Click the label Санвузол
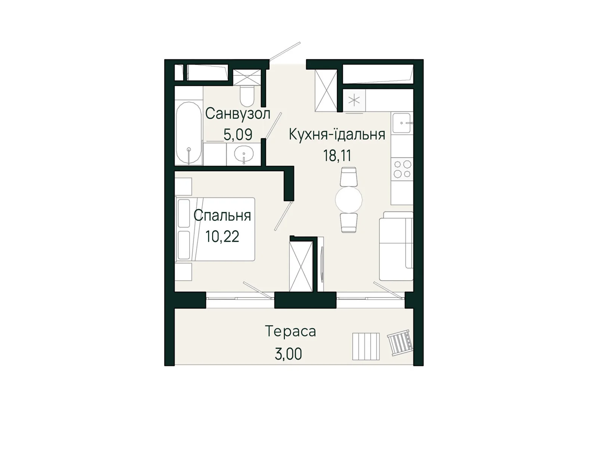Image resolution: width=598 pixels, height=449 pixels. click(237, 114)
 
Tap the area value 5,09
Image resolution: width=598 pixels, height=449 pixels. click(238, 134)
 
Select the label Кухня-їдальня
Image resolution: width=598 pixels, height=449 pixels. click(337, 134)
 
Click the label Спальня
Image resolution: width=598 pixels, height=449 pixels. click(222, 216)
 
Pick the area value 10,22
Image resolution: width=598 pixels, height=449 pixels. click(222, 236)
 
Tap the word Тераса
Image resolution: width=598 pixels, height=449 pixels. click(290, 332)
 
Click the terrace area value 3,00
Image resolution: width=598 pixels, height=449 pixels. click(288, 354)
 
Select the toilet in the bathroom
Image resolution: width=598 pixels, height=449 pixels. click(247, 96)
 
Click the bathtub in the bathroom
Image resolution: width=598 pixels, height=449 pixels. click(189, 133)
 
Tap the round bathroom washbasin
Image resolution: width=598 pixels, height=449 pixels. click(244, 154)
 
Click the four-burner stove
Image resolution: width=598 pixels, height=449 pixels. click(402, 169)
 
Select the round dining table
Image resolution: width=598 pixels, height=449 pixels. click(349, 199)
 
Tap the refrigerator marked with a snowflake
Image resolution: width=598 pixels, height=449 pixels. click(354, 100)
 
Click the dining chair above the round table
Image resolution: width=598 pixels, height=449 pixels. click(349, 177)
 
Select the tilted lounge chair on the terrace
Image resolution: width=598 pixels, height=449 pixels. click(400, 342)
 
